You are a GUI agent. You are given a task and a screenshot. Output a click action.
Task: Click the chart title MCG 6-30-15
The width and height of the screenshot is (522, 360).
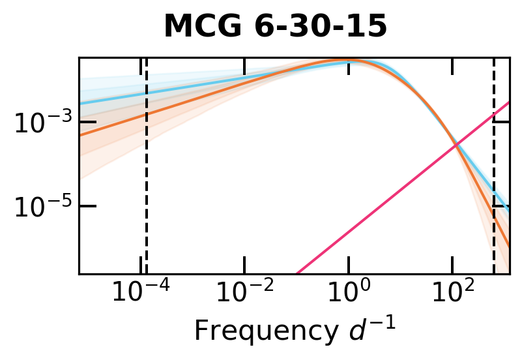[x=275, y=27]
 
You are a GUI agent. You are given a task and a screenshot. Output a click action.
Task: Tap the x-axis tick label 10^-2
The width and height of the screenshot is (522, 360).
[x=243, y=293]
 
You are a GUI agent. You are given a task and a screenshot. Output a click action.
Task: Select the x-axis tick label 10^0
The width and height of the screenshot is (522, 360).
[x=349, y=293]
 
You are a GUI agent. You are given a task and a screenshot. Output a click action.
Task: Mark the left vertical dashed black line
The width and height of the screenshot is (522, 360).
[x=146, y=196]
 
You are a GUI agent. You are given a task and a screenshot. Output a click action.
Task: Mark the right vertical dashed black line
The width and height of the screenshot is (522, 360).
[x=494, y=196]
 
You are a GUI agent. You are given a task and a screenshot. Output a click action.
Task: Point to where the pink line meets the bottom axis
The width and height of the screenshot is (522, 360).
[x=297, y=273]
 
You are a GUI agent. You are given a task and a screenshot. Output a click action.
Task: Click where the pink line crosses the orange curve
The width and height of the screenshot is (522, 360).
[x=457, y=144]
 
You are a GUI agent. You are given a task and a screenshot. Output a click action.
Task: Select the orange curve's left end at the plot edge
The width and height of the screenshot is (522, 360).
[x=80, y=135]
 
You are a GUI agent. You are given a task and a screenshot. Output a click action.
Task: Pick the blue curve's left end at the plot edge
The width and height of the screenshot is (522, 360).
[x=80, y=103]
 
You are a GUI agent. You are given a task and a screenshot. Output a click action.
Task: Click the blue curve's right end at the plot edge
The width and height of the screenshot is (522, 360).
[x=508, y=210]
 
